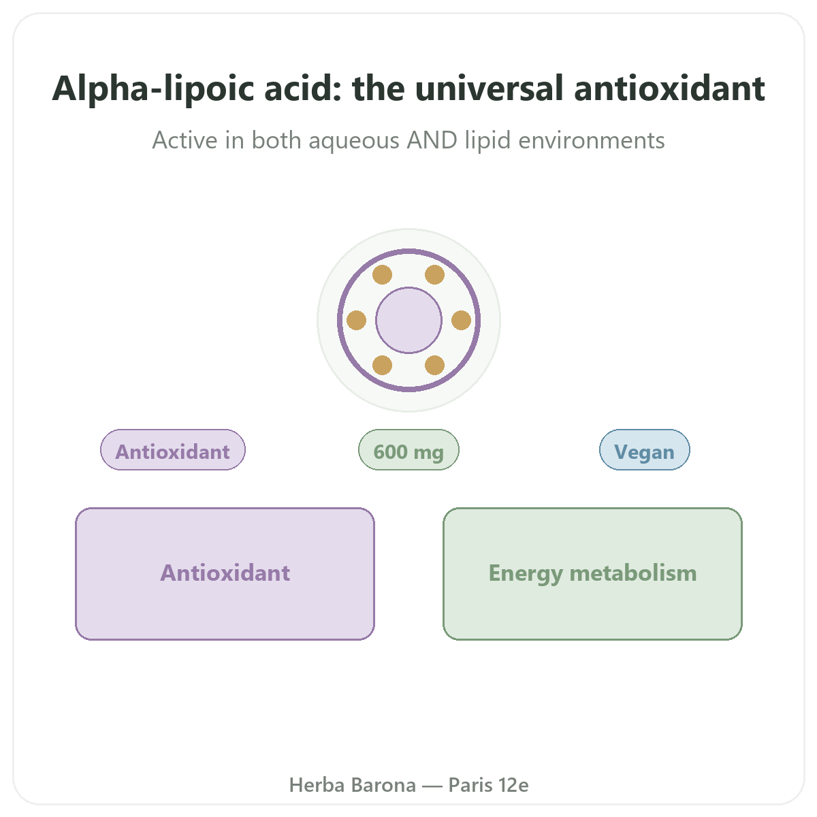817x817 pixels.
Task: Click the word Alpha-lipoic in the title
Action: pos(153,89)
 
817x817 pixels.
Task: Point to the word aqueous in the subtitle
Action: pos(353,141)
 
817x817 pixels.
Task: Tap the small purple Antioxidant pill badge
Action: pos(172,449)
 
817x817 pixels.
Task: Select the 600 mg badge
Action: pos(408,449)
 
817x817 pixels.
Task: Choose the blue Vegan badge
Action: pos(644,449)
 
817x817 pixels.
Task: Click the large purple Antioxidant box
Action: pos(225,573)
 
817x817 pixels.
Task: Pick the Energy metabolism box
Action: pos(592,573)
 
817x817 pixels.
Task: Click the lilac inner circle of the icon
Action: pos(408,320)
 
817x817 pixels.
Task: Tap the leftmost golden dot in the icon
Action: pos(356,320)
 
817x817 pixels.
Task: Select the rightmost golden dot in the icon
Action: pos(462,320)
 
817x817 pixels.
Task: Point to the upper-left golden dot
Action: pos(382,275)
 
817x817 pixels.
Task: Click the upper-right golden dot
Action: pos(434,275)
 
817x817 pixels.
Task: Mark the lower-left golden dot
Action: pos(382,365)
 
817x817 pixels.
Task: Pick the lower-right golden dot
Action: pos(434,365)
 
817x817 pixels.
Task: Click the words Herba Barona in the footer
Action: pos(352,785)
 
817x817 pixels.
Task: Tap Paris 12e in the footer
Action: pos(488,785)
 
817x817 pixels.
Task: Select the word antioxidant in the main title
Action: pos(669,89)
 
